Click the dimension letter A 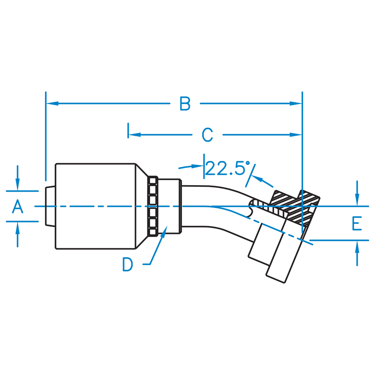pos(17,206)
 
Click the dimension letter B pos(185,103)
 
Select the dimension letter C pos(207,135)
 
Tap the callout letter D pos(128,265)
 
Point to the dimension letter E pos(357,224)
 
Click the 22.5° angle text pos(228,168)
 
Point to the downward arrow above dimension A pos(18,186)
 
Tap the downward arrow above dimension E pos(357,201)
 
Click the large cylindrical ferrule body pos(96,206)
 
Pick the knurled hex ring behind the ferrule pos(153,206)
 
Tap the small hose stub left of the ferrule pos(50,206)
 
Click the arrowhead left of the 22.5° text pos(198,165)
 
